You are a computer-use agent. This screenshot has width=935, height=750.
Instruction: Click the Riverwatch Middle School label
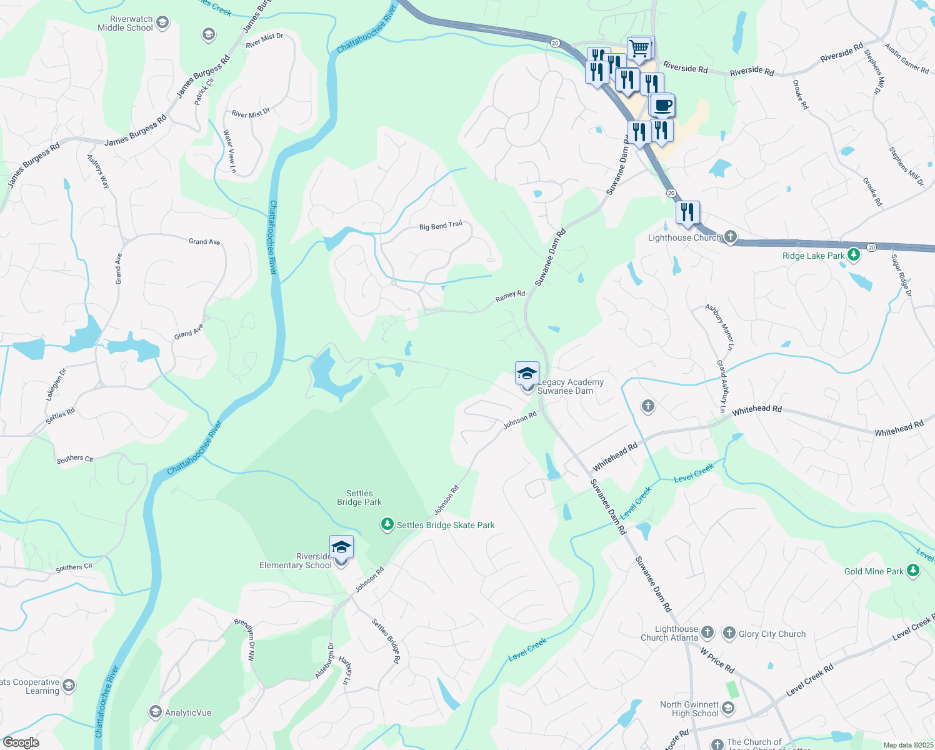tap(125, 24)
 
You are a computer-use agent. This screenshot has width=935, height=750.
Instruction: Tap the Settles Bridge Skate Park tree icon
tap(387, 524)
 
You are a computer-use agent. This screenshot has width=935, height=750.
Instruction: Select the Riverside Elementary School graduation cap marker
tap(341, 547)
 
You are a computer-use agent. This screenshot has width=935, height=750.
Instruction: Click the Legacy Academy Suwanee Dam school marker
tap(527, 374)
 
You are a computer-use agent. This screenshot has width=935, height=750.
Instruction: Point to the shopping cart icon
tap(639, 48)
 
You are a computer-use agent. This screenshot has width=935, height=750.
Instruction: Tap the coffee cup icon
tap(662, 105)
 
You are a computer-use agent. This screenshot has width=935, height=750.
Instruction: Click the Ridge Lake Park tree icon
tap(854, 256)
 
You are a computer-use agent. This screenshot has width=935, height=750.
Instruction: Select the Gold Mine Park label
tap(874, 571)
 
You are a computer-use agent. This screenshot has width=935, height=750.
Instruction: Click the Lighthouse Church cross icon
tap(730, 237)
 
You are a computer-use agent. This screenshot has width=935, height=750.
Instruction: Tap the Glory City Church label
tap(772, 634)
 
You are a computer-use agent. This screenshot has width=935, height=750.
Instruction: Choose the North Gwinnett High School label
tap(689, 709)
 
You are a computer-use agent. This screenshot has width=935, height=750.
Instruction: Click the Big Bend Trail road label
tap(441, 226)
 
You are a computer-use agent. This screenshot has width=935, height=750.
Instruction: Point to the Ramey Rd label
tap(510, 296)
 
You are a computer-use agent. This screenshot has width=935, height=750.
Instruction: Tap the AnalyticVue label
tap(187, 712)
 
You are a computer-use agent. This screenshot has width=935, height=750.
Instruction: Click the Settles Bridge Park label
tap(359, 497)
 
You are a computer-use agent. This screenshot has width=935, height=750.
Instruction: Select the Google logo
tap(21, 742)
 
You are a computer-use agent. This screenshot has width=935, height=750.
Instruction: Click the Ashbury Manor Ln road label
tap(720, 327)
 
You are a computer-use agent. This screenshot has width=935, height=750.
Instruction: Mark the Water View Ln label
tap(229, 151)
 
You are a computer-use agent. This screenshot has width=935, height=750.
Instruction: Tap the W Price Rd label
tap(717, 660)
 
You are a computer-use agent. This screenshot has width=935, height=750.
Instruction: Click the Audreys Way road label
tap(98, 171)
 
